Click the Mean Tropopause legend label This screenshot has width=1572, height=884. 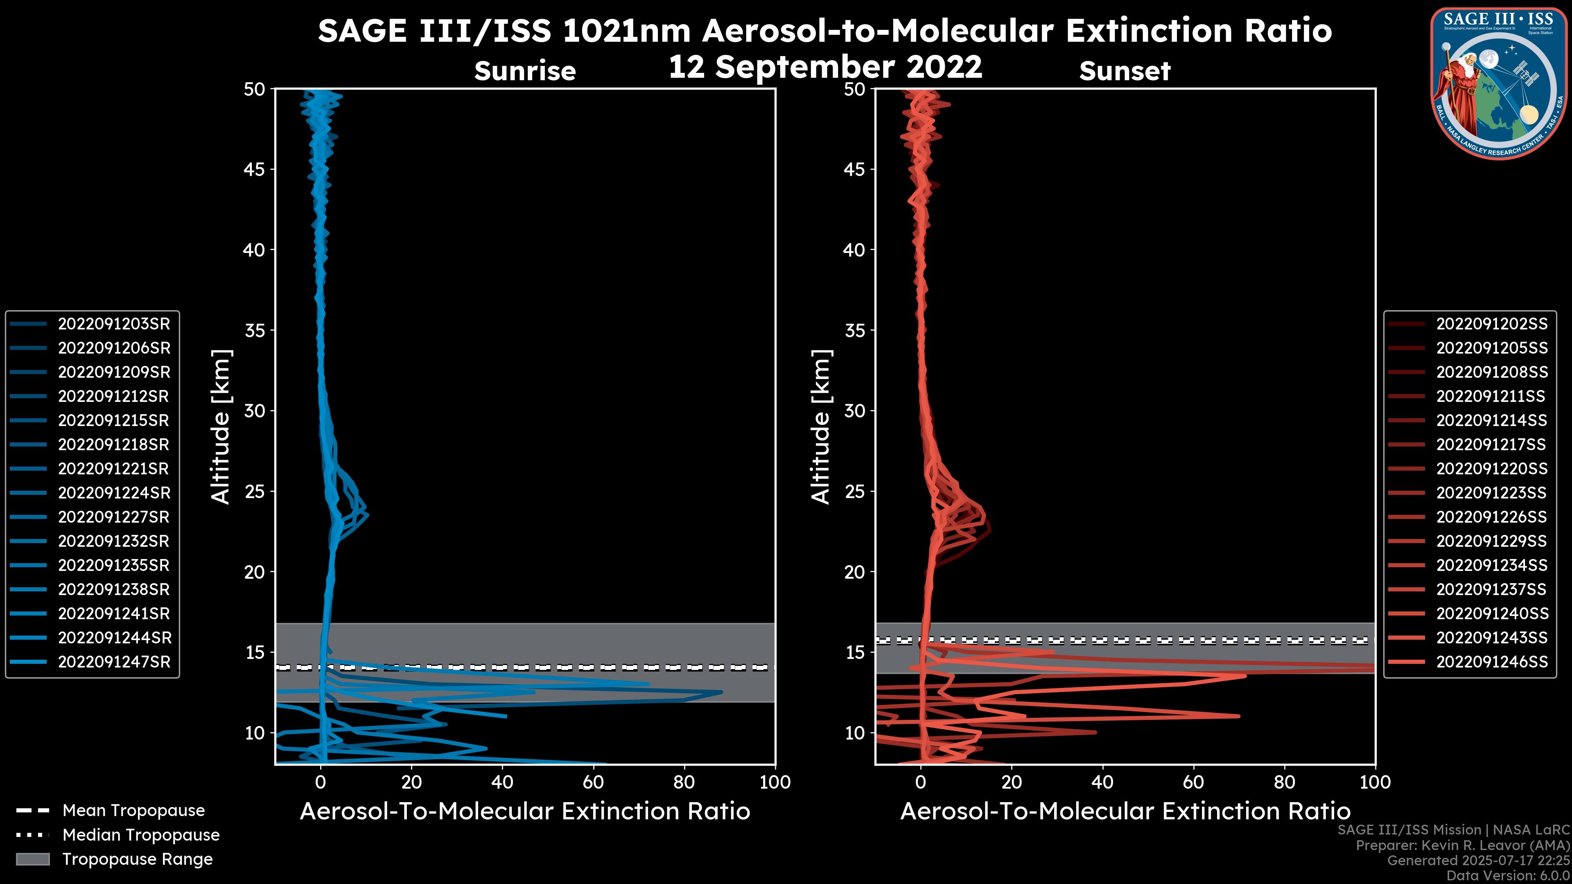[x=133, y=811]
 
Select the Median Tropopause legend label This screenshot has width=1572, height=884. [x=141, y=835]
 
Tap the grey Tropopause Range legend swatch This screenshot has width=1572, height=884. [x=32, y=859]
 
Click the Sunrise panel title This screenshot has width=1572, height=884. [x=525, y=71]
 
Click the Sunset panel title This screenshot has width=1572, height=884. [x=1125, y=71]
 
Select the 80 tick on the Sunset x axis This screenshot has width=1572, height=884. [x=1285, y=782]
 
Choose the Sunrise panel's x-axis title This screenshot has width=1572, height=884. [x=525, y=812]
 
